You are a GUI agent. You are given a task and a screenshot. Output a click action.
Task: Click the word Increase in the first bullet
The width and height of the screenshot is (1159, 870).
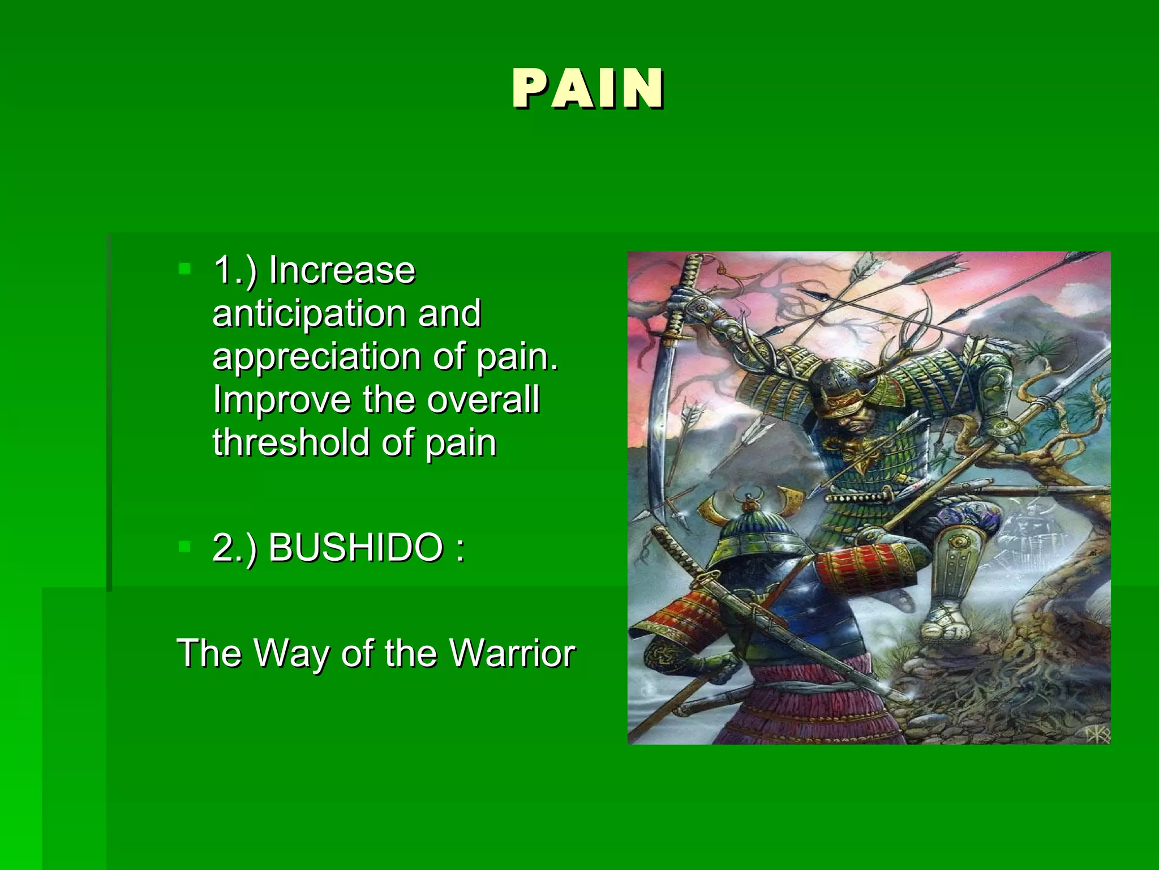point(342,270)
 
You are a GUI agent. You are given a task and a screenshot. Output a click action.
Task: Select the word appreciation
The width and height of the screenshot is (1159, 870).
point(316,356)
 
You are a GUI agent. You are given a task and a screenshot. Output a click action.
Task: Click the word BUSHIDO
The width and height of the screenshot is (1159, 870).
point(355,548)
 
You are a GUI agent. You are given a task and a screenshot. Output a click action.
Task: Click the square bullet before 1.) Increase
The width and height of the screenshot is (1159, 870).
point(184,268)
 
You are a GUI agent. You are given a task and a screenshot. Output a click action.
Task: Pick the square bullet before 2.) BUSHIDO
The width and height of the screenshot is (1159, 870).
point(184,546)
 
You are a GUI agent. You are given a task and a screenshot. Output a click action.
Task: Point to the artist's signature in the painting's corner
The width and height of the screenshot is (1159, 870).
point(1097,734)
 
